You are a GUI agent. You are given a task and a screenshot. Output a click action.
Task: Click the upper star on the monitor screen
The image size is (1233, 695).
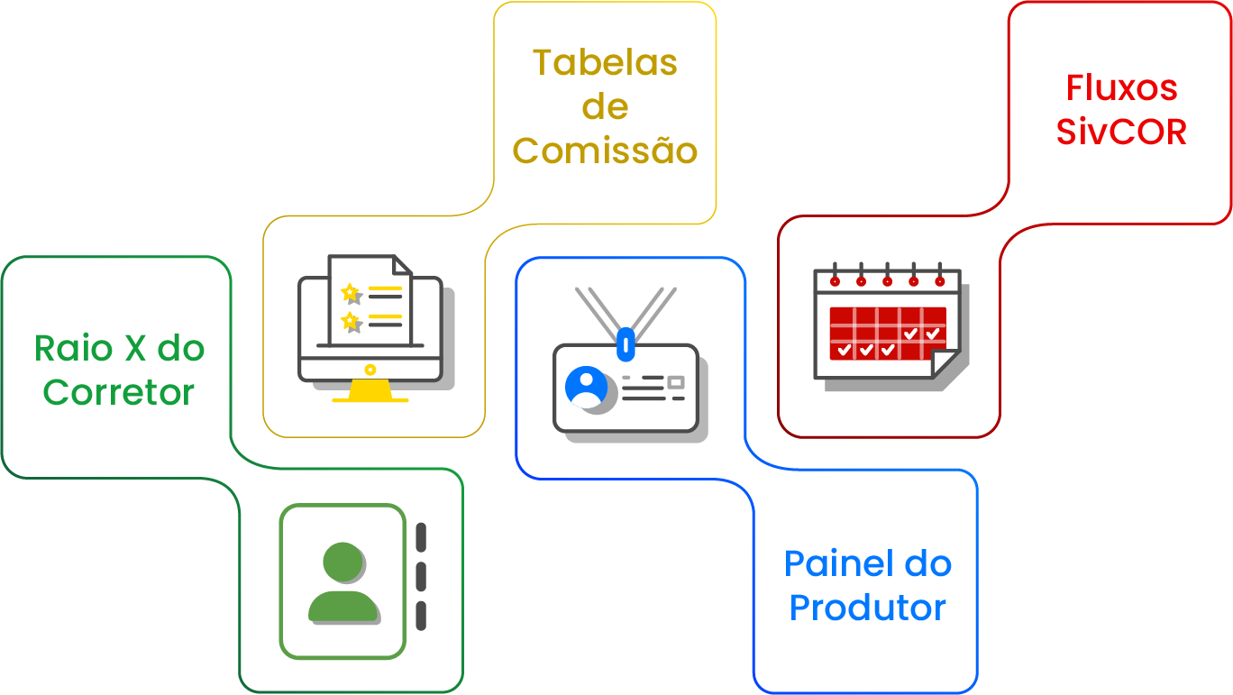click(350, 293)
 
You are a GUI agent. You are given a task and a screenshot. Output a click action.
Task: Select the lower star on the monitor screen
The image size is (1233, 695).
click(350, 321)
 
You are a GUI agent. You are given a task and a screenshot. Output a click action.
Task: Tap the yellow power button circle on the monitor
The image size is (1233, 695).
click(370, 370)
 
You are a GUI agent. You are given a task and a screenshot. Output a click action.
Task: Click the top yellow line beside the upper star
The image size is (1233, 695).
click(386, 288)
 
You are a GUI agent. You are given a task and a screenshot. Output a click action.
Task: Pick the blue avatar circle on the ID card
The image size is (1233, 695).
click(585, 386)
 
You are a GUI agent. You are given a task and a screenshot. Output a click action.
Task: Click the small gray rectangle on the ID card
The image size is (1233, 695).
click(675, 382)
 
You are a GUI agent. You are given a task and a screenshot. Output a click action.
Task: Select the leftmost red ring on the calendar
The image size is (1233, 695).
click(835, 280)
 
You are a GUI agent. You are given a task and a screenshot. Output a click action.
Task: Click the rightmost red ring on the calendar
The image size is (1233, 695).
click(940, 280)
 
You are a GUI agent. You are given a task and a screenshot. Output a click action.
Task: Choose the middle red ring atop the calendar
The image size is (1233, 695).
click(887, 280)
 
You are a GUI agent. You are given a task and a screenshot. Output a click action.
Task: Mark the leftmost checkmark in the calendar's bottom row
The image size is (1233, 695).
click(845, 349)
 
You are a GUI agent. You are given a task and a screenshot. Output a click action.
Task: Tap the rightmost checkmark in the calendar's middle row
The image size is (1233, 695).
click(933, 334)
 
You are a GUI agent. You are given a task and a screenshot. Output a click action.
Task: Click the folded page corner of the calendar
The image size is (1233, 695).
click(943, 362)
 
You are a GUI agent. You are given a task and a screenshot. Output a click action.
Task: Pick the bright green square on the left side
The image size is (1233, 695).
click(132, 397)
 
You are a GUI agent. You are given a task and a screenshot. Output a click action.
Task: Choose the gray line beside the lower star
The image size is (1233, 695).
click(386, 325)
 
